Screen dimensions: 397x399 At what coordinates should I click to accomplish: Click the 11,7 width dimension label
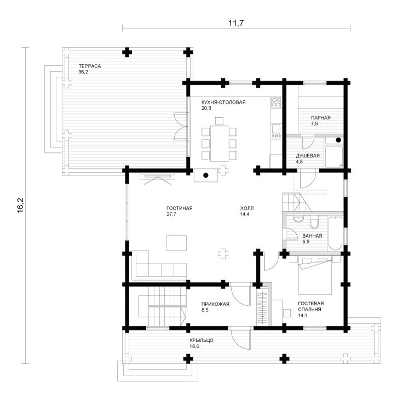236,23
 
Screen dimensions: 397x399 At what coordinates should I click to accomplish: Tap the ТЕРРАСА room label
90,66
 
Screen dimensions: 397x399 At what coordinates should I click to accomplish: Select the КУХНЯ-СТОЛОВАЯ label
223,102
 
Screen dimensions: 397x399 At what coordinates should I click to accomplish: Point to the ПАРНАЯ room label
321,118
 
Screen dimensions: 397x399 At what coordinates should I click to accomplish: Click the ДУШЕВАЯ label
308,156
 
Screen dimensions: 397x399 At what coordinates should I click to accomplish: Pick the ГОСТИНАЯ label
180,208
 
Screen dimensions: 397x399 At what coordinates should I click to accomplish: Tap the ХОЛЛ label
247,208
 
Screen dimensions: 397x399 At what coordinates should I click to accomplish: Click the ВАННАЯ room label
312,236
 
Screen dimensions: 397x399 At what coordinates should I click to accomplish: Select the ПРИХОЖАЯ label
215,304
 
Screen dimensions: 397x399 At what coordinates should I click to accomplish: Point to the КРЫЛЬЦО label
202,340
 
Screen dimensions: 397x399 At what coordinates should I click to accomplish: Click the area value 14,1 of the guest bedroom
302,316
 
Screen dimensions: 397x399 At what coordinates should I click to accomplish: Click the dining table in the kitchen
220,143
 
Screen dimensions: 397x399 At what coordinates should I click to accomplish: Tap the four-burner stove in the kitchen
276,102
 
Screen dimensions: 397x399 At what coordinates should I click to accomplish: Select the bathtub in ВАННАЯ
335,233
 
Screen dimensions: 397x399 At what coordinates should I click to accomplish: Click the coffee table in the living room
176,243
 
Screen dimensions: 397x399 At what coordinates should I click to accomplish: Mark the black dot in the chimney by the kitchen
206,175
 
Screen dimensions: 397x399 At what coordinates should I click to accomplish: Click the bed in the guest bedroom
315,276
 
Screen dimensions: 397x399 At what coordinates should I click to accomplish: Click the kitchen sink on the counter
276,129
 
